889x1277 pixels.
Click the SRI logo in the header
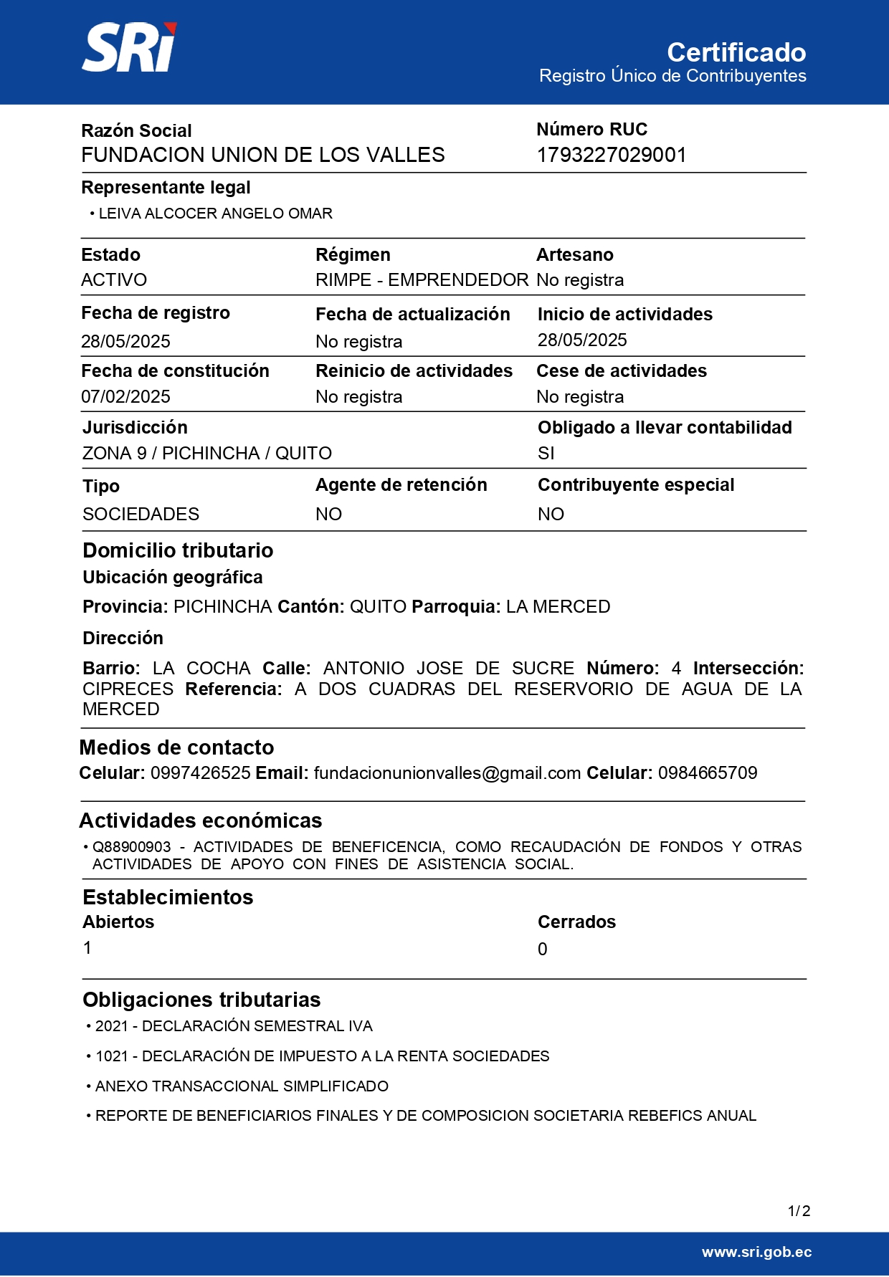click(x=129, y=48)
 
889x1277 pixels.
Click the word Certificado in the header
click(x=736, y=52)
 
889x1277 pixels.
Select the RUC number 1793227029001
click(x=612, y=155)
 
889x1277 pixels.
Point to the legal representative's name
click(x=215, y=214)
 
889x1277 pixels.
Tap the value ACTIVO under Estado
click(x=114, y=280)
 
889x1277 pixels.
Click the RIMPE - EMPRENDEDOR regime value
click(x=422, y=280)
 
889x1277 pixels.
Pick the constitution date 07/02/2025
click(x=125, y=397)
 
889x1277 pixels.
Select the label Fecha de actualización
click(x=412, y=315)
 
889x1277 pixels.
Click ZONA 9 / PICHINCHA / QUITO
click(x=207, y=454)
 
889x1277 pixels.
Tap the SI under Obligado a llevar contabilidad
click(x=546, y=454)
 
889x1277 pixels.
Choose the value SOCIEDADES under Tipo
click(x=141, y=515)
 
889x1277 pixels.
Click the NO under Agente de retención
click(x=328, y=515)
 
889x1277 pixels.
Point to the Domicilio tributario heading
click(x=178, y=550)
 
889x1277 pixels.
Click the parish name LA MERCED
click(x=558, y=607)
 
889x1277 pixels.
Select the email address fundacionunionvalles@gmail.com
click(x=447, y=773)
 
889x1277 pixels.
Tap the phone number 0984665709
click(x=708, y=773)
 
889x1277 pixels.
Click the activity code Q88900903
click(x=132, y=847)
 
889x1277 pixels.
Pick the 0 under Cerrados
click(x=543, y=950)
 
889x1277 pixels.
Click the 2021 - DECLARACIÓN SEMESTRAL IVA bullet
click(x=234, y=1026)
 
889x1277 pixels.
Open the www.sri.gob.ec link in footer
click(x=756, y=1252)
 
